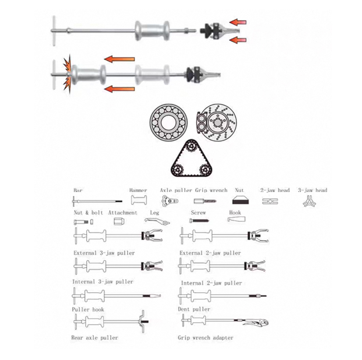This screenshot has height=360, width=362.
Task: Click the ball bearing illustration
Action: tap(168, 123)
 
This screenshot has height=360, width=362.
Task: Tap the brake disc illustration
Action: tap(217, 122)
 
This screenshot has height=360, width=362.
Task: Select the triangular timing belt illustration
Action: tap(191, 158)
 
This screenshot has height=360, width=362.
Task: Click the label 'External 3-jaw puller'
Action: tap(104, 253)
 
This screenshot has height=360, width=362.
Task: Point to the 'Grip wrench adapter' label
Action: tap(205, 338)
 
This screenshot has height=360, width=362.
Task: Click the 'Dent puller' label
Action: tap(194, 309)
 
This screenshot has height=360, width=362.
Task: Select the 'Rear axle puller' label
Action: tap(95, 338)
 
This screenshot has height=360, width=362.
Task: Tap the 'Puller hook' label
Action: tap(88, 309)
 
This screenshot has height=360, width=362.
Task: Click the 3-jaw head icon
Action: tap(309, 201)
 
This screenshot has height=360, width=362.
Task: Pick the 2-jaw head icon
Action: tap(270, 201)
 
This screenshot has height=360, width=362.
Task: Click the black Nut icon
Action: tap(240, 200)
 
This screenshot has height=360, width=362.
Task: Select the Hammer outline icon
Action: tap(139, 200)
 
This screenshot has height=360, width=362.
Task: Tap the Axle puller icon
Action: tap(170, 201)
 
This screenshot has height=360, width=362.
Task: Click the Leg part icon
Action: tap(157, 221)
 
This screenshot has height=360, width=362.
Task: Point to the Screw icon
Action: tap(199, 221)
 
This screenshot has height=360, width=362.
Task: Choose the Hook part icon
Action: tap(236, 219)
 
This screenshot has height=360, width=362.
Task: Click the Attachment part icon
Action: tap(119, 221)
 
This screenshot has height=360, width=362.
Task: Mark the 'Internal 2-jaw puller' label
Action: tap(211, 283)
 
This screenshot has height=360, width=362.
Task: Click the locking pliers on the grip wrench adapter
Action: tap(256, 322)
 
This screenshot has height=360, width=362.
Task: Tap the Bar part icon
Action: tap(97, 201)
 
